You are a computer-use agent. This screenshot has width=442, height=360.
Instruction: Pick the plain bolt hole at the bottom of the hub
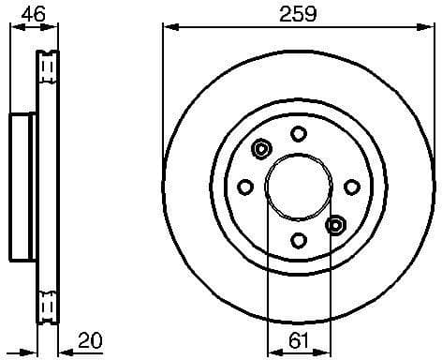click(x=298, y=240)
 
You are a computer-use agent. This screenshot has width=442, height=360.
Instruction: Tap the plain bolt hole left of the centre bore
click(x=244, y=187)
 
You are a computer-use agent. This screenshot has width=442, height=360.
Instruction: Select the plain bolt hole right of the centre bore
click(x=352, y=187)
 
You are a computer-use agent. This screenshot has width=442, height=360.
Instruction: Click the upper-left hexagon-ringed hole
click(x=261, y=148)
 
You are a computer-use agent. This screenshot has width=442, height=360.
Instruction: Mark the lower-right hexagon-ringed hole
click(x=335, y=224)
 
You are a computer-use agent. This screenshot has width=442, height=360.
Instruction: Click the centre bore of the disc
click(x=298, y=186)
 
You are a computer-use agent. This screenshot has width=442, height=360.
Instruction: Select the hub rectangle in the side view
click(x=23, y=187)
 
